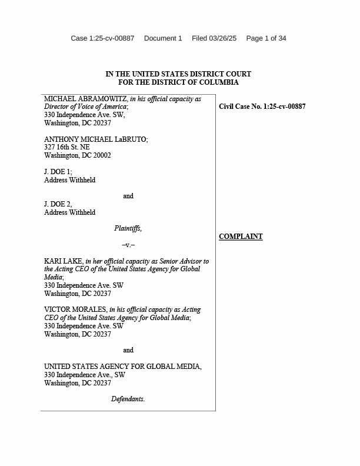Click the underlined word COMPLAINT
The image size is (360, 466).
click(x=241, y=237)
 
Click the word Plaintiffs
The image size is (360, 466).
click(x=128, y=228)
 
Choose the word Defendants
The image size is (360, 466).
click(x=128, y=399)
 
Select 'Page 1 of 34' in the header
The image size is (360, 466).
click(x=266, y=38)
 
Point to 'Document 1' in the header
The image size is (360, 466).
click(x=163, y=38)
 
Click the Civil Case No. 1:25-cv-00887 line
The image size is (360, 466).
click(x=262, y=106)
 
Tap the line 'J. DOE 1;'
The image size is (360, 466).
click(x=58, y=172)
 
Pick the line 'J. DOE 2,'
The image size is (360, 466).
click(x=58, y=204)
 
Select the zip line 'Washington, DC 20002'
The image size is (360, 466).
click(x=78, y=156)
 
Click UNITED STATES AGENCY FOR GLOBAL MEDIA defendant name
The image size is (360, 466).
click(x=123, y=367)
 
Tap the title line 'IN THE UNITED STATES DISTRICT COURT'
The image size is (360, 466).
click(x=178, y=74)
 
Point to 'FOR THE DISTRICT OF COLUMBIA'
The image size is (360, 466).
click(x=178, y=82)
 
